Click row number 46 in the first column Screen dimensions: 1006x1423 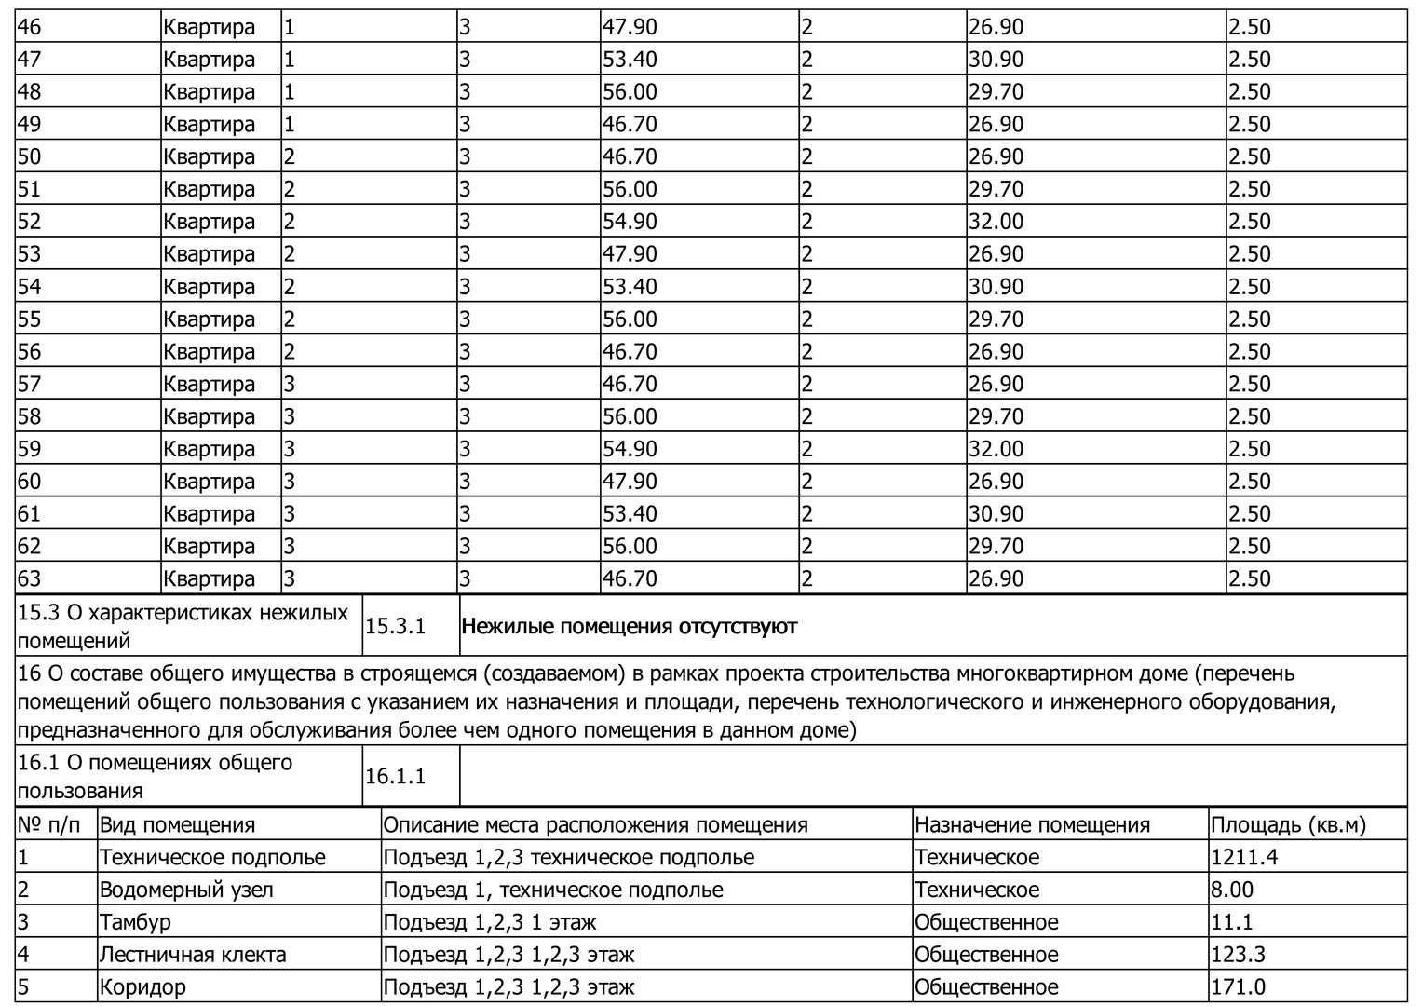pos(30,27)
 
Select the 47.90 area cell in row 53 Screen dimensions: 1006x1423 pos(630,254)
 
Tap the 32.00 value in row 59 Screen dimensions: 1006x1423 pos(996,449)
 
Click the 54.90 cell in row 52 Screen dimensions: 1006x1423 pos(630,222)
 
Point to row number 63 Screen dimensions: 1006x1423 pos(30,578)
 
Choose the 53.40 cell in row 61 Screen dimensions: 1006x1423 pos(630,514)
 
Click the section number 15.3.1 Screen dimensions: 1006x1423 pos(395,626)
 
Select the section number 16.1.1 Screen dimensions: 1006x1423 pos(395,776)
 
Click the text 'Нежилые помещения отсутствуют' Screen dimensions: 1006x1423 pos(629,626)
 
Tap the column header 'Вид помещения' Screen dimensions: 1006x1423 pos(177,825)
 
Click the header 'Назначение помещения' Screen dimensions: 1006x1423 pos(1032,825)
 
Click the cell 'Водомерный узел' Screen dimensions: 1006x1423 pos(186,890)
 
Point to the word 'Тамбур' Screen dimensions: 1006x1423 pos(135,923)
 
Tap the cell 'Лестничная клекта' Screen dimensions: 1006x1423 pos(193,955)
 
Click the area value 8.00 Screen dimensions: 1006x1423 pos(1232,890)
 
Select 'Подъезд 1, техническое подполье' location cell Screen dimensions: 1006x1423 pos(553,890)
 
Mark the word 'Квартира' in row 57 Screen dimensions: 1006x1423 pos(209,385)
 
